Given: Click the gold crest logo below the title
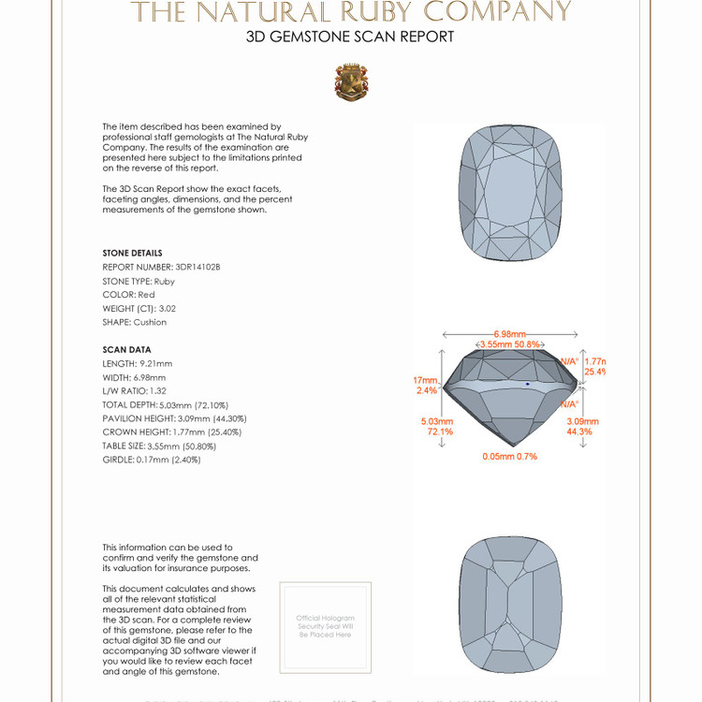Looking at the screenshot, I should click(351, 82).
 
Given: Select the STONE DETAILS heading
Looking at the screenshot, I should click(132, 253).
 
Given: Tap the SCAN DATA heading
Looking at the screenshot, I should click(126, 350).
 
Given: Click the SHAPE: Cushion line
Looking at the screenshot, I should click(135, 322).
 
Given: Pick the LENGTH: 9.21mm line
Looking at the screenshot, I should click(138, 363).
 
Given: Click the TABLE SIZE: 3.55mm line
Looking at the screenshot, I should click(158, 446).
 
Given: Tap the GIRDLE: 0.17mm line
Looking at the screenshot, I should click(152, 460).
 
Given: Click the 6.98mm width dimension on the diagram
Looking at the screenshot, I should click(510, 334).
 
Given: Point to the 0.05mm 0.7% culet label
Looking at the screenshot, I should click(509, 456).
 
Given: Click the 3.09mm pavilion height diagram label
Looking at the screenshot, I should click(582, 427).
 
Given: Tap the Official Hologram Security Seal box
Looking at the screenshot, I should click(326, 626).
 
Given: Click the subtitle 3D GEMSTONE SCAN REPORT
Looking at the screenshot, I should click(350, 37).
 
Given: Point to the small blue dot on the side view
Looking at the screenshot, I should click(528, 384).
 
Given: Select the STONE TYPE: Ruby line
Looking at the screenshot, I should click(139, 281).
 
